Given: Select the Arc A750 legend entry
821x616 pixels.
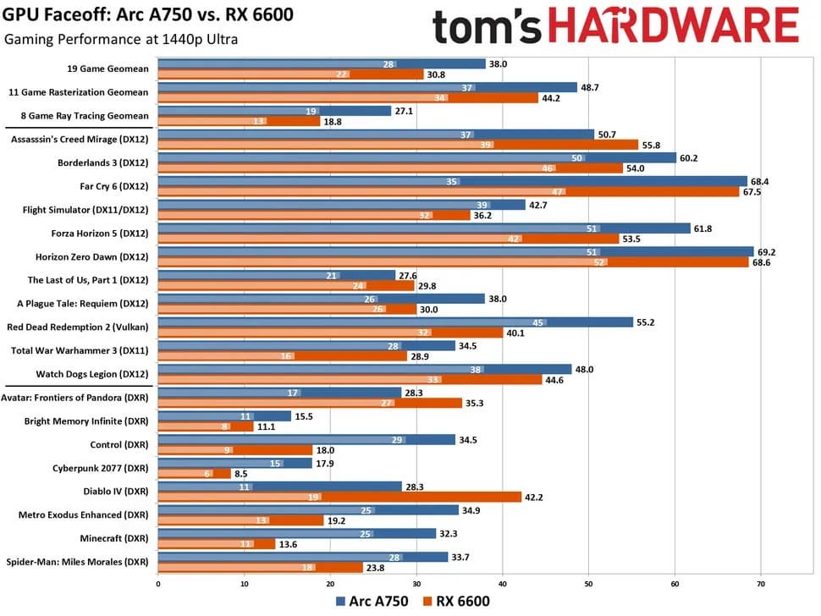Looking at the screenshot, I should pos(372,602).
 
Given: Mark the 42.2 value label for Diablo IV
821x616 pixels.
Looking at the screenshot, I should pos(534,497).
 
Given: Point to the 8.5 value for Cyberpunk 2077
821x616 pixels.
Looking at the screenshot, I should pos(241,473).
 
